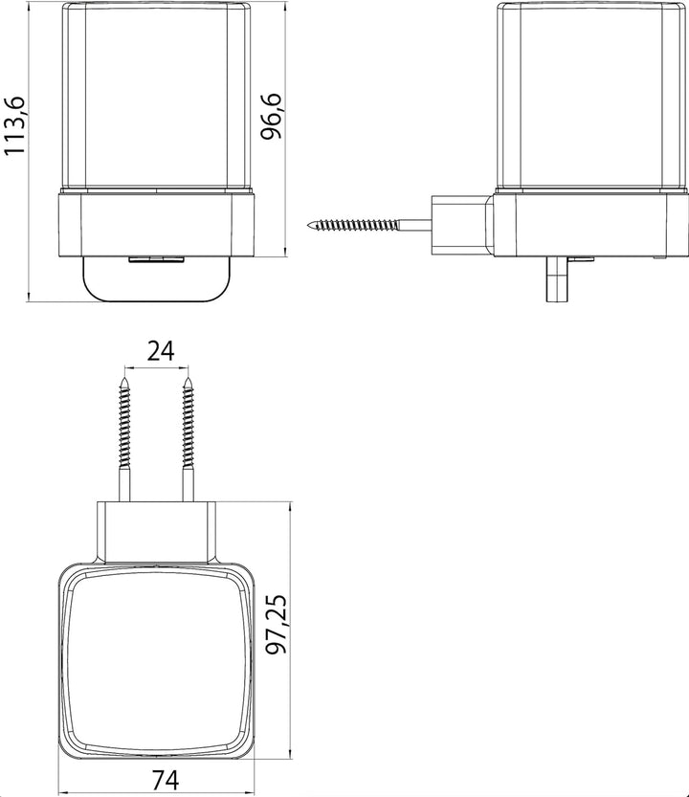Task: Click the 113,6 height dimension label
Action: pos(13,125)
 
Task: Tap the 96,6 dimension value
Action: pos(271,117)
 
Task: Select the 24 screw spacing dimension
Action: pos(161,351)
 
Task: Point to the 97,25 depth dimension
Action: pos(278,624)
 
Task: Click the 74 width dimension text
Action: pos(167,779)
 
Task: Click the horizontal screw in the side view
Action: pos(369,224)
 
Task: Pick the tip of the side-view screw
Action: pos(308,224)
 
